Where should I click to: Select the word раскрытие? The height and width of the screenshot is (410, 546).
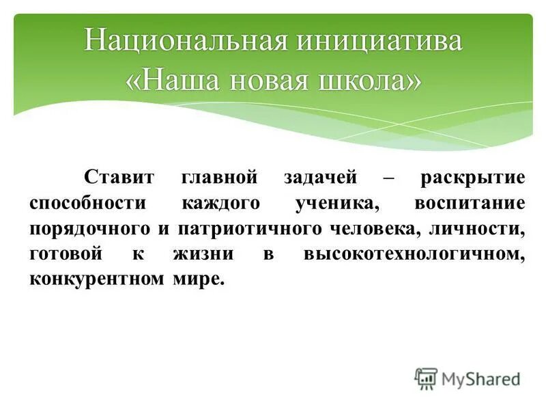473,178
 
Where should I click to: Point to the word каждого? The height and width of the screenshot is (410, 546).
220,203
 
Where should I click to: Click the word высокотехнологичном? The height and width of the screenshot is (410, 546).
415,254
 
